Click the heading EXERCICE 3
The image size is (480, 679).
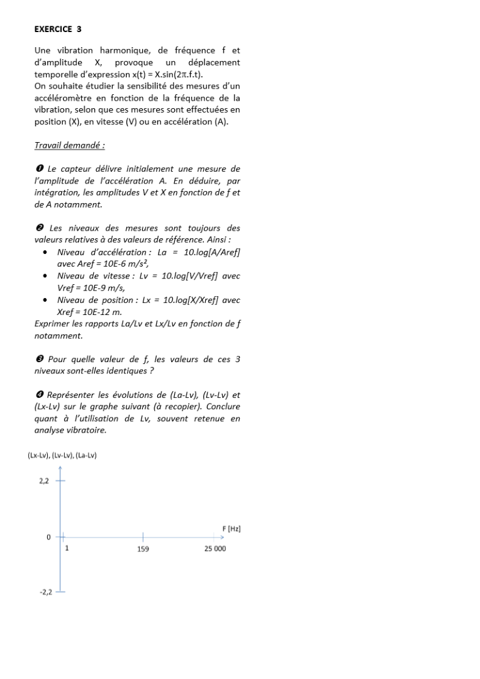[58, 29]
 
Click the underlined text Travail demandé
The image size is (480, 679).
[69, 145]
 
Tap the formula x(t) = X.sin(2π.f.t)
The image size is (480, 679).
[145, 74]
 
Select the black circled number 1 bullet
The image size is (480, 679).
[38, 168]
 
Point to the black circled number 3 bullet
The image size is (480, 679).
[38, 359]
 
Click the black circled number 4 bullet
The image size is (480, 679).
[38, 395]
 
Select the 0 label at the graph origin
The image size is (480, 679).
[48, 538]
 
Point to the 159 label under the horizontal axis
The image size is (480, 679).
[143, 549]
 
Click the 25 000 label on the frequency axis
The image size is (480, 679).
[215, 549]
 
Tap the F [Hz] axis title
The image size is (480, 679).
[232, 529]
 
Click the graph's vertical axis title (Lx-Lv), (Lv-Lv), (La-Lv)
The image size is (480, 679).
[62, 455]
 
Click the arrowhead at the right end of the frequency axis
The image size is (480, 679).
[222, 538]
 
